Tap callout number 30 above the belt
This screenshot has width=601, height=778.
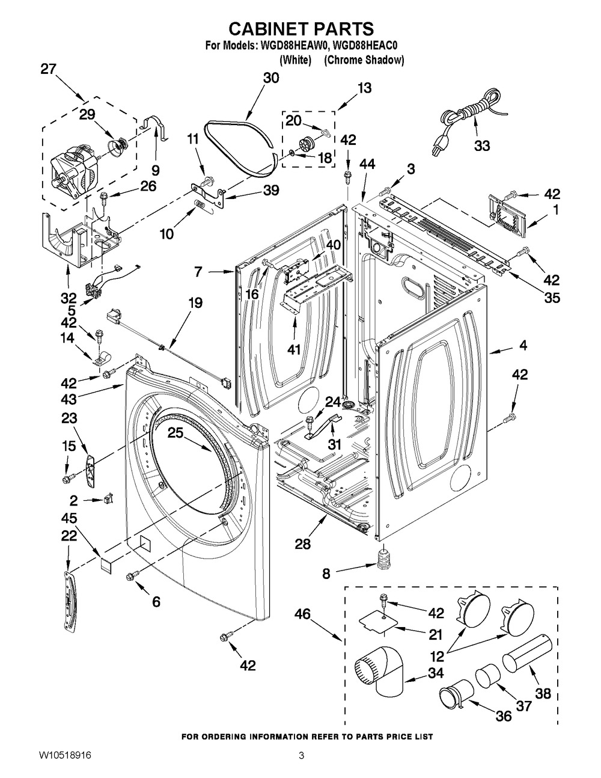(x=271, y=78)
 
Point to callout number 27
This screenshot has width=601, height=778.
(x=48, y=69)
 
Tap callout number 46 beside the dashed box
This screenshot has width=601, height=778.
(x=302, y=614)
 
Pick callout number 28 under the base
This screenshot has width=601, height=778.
(x=303, y=544)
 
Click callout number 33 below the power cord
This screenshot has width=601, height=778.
(x=481, y=145)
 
